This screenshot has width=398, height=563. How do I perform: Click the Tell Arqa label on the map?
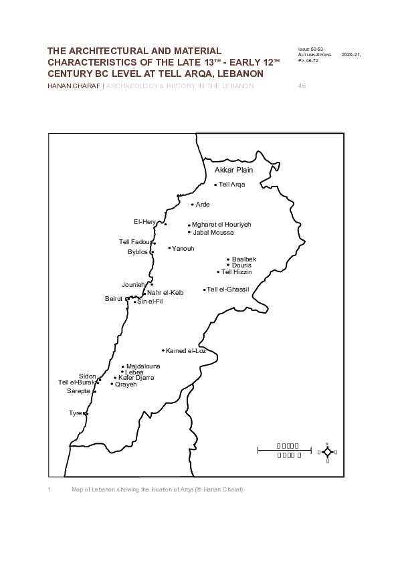coord(232,185)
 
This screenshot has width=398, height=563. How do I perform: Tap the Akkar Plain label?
coord(233,171)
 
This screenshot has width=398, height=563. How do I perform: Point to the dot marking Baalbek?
coord(228,259)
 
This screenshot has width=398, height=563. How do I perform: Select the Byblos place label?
coord(138,252)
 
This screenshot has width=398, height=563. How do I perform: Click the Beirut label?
coord(114,299)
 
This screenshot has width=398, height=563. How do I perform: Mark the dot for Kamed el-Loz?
coord(163,350)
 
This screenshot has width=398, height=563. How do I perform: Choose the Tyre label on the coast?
coord(75,413)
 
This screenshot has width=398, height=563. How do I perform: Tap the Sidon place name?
coord(87,376)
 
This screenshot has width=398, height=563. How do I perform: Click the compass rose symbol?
coord(327,452)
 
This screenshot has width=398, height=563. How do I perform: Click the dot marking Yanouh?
coord(169,248)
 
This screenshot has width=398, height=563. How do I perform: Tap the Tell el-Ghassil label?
coord(228,289)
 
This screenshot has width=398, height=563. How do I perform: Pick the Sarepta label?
coord(78,391)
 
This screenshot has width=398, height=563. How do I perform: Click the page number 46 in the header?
coord(301,86)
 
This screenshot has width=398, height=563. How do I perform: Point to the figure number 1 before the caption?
coord(49,489)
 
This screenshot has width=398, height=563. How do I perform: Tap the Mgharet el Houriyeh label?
coord(221,225)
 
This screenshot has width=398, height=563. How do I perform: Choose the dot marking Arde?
coord(192,205)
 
